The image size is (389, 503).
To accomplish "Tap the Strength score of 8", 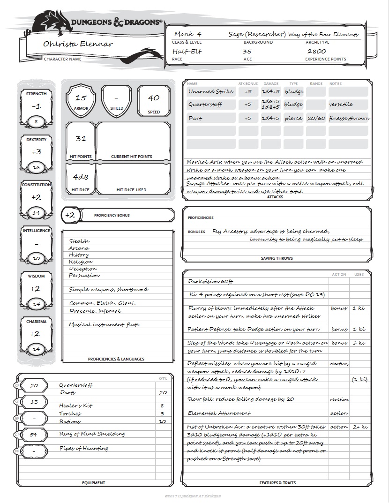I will click(x=36, y=122).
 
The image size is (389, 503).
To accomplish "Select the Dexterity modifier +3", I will click(x=36, y=152).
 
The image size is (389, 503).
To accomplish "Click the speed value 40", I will click(x=153, y=98).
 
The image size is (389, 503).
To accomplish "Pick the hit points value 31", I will click(x=81, y=139).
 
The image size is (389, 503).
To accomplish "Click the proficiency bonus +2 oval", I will click(x=70, y=215).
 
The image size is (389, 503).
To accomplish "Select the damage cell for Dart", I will click(x=271, y=119).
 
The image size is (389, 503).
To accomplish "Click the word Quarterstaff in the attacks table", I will click(x=205, y=105).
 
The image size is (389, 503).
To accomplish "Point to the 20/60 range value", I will click(x=316, y=119).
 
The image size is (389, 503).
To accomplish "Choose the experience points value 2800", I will click(x=317, y=52).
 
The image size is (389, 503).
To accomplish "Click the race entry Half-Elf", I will click(x=184, y=52).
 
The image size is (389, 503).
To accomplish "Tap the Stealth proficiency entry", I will click(x=79, y=241).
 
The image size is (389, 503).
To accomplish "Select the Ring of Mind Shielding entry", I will click(x=92, y=434).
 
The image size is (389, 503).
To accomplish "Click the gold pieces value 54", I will click(x=34, y=435).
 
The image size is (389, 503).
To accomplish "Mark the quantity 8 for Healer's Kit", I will click(x=162, y=406).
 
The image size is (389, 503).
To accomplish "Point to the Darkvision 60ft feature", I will click(x=210, y=282).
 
